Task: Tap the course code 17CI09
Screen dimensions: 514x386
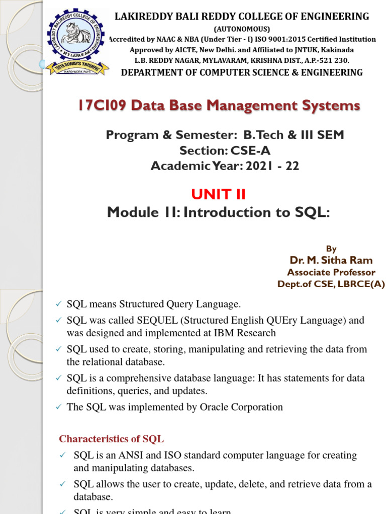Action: (104, 106)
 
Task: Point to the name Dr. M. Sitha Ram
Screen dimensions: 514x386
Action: (331, 260)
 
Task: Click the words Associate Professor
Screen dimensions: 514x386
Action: (331, 272)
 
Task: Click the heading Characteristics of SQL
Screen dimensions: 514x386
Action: (111, 439)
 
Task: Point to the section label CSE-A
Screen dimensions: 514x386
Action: (248, 151)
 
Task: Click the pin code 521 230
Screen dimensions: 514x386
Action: (333, 60)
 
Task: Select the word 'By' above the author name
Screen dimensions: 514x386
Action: (331, 249)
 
